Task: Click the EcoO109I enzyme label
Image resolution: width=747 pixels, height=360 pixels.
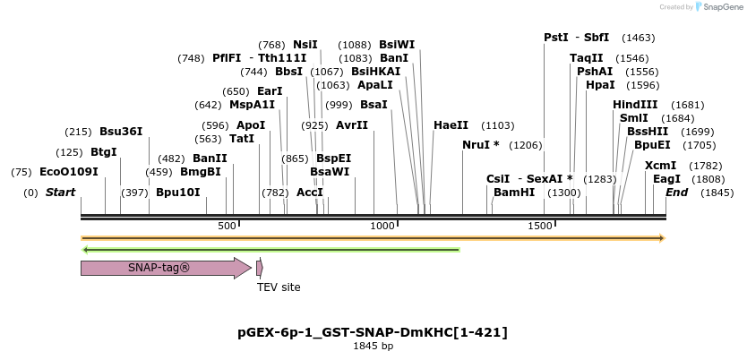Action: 69,172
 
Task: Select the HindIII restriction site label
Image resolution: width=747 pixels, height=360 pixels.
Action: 635,105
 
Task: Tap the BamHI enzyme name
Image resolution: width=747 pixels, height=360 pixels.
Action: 514,193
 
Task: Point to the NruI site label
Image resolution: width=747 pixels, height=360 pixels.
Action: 481,145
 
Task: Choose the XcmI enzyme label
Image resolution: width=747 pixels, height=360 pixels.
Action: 660,165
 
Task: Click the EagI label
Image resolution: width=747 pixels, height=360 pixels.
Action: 666,179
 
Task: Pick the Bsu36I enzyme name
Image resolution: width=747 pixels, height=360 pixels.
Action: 121,132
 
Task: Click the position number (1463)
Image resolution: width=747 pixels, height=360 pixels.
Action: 639,38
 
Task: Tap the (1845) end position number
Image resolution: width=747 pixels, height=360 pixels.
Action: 717,193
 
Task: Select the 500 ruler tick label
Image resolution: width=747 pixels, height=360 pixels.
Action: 227,226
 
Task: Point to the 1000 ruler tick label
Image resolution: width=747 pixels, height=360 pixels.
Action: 382,226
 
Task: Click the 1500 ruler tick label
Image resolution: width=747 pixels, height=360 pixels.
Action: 540,226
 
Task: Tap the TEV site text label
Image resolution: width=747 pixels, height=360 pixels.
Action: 279,287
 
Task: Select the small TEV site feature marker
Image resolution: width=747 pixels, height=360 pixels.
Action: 259,268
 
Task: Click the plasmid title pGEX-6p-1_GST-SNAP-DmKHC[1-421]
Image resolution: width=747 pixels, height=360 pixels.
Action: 373,332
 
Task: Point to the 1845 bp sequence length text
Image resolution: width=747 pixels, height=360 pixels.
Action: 373,347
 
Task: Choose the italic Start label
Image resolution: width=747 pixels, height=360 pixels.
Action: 60,193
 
